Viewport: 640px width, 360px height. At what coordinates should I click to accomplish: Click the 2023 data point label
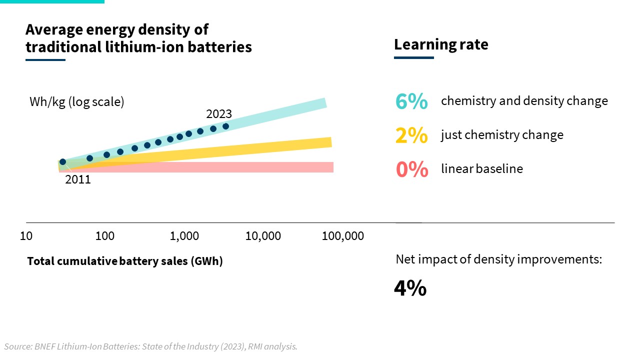click(219, 114)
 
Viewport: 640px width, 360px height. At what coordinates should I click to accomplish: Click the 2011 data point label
click(78, 179)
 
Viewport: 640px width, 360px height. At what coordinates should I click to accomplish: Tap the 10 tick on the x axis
click(26, 235)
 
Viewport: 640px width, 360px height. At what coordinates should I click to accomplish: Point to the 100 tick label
click(104, 235)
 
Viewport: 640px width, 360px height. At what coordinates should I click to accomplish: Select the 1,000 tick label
click(184, 235)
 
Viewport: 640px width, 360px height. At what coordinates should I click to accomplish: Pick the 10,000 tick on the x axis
click(263, 235)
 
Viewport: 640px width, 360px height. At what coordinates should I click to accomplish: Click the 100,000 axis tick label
click(342, 235)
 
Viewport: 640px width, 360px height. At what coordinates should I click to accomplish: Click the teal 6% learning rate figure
click(411, 101)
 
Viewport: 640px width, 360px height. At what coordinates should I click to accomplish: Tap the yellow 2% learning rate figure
click(411, 135)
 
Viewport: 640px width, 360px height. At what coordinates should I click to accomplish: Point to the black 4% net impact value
click(410, 288)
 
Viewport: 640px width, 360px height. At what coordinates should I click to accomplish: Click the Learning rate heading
click(441, 44)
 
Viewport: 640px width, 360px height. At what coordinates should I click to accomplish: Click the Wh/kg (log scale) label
click(76, 101)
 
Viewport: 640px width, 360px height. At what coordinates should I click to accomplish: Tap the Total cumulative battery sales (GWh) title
click(125, 261)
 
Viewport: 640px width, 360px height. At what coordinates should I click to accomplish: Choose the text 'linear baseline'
click(481, 169)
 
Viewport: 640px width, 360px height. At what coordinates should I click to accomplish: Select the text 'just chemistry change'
click(502, 135)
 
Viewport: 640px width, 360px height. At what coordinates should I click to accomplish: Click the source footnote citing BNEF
click(150, 346)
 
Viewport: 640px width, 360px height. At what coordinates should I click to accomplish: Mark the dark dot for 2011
click(62, 162)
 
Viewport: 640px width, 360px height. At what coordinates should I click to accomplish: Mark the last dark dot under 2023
click(225, 126)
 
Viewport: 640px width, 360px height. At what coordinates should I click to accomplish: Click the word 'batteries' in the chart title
click(220, 47)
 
